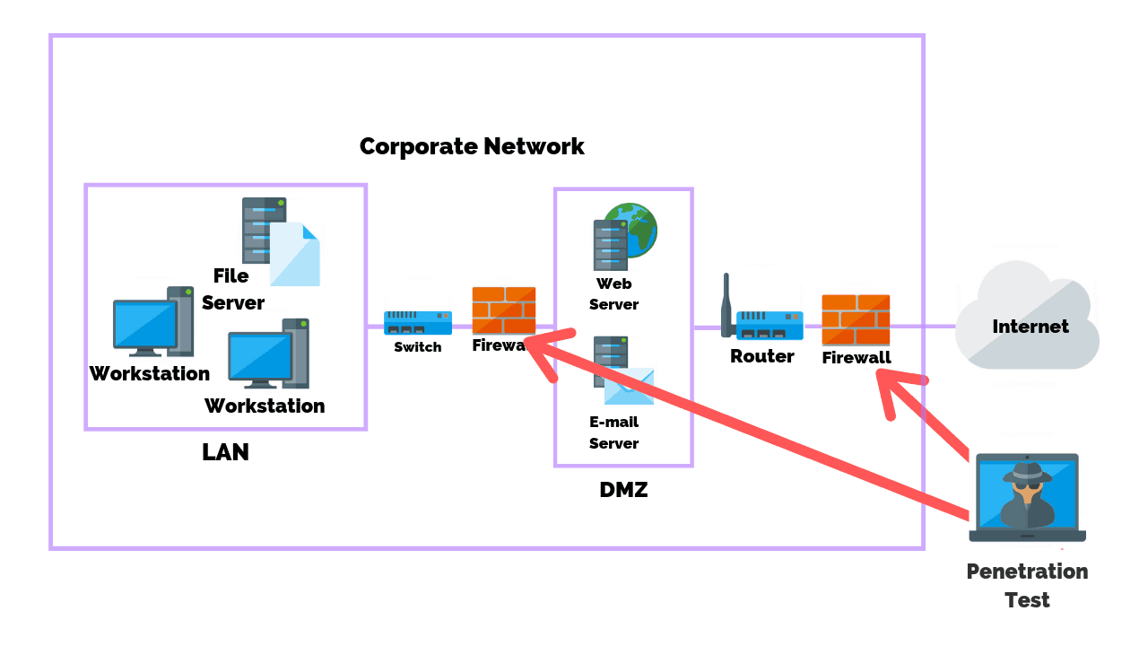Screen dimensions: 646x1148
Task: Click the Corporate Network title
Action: tap(472, 146)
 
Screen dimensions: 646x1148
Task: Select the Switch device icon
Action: tap(417, 323)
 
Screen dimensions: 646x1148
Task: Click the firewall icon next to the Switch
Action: tap(503, 310)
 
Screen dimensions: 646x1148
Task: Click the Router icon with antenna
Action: tap(763, 319)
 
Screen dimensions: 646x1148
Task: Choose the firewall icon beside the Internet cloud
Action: tap(856, 320)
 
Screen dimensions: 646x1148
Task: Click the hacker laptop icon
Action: tap(1027, 498)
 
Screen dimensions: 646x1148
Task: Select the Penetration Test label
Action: tap(1027, 585)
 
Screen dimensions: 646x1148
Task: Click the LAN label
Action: tap(225, 452)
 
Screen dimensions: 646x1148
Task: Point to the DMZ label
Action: tap(622, 490)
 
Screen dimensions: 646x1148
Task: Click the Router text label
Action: tap(761, 356)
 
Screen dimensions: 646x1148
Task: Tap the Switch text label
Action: tap(417, 347)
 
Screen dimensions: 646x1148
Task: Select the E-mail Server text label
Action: tap(614, 432)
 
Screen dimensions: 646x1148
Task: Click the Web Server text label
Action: tap(613, 294)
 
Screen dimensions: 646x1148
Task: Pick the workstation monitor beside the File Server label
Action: tap(147, 325)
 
